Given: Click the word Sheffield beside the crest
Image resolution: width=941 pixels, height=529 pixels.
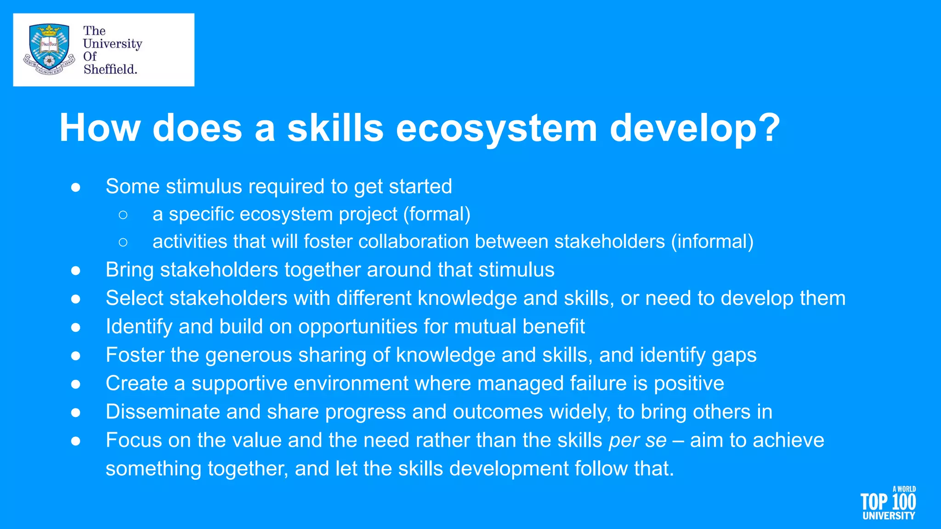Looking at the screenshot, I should pyautogui.click(x=110, y=69).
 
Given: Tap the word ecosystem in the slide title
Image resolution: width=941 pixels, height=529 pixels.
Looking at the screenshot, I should pyautogui.click(x=496, y=128).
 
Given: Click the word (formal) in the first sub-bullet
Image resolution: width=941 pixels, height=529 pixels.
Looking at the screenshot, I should pyautogui.click(x=437, y=214).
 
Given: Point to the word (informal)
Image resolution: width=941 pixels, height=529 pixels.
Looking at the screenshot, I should pyautogui.click(x=712, y=242).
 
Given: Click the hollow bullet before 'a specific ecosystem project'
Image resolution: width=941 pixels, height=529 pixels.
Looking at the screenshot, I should pyautogui.click(x=123, y=214).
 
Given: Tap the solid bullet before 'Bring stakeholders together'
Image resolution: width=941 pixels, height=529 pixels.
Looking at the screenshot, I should pyautogui.click(x=76, y=270).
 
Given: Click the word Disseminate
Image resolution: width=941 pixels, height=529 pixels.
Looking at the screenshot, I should pyautogui.click(x=163, y=412).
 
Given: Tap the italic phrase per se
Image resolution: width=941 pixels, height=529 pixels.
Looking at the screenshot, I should pyautogui.click(x=637, y=440).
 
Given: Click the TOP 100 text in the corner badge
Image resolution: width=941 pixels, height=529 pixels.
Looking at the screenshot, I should pyautogui.click(x=888, y=502).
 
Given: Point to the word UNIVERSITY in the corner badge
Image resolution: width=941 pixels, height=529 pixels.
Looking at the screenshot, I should pyautogui.click(x=889, y=516).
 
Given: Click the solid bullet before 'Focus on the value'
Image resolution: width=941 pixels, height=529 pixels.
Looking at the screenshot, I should pyautogui.click(x=76, y=441).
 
